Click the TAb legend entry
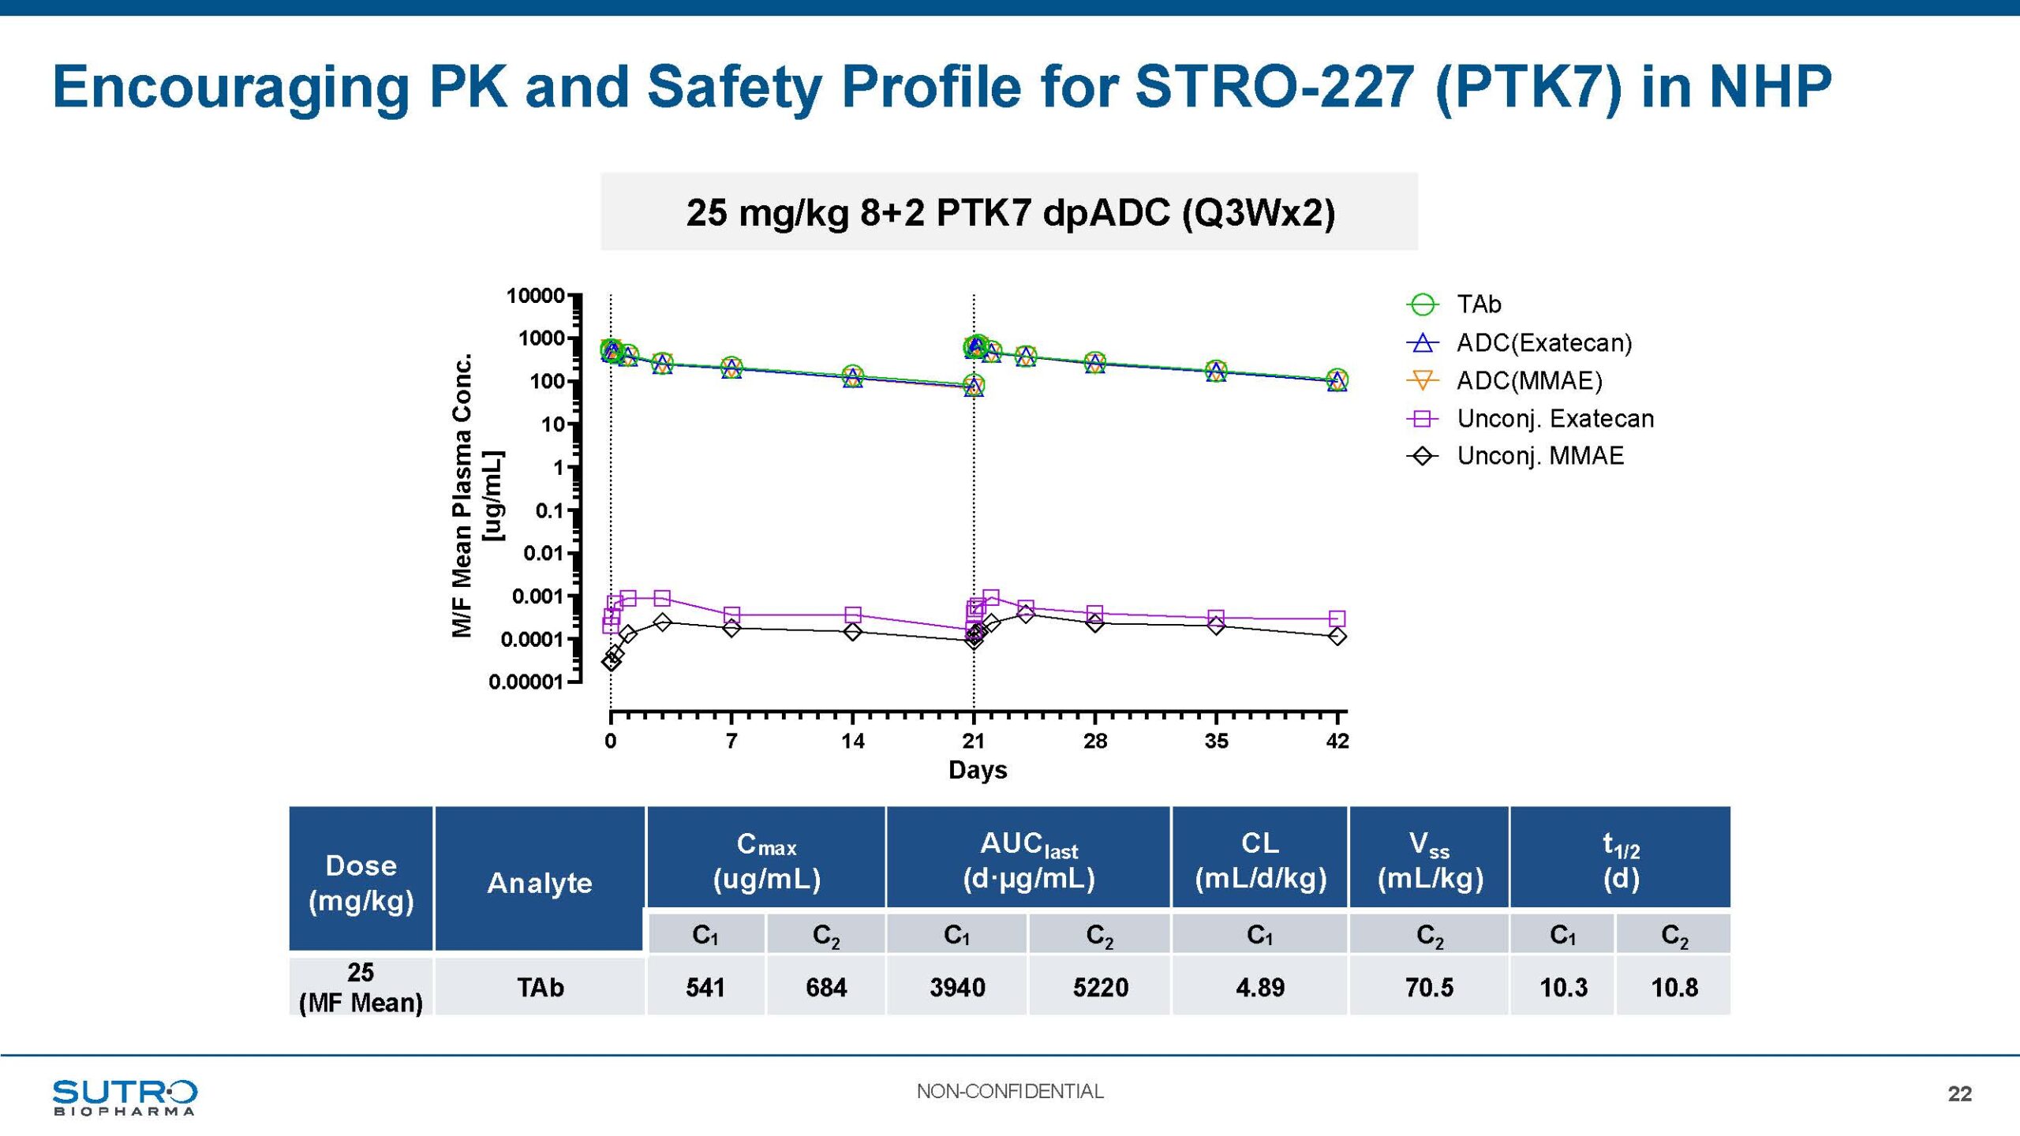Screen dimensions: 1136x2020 [x=1478, y=305]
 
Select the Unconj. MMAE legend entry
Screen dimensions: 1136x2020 [x=1539, y=456]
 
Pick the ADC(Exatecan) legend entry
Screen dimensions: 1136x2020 [x=1543, y=343]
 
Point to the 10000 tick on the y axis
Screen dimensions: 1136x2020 [x=535, y=296]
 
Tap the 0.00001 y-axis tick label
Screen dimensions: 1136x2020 [x=526, y=682]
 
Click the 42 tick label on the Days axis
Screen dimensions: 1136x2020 [x=1337, y=741]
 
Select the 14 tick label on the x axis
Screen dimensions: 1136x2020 [x=852, y=741]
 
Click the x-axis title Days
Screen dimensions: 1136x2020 [x=978, y=770]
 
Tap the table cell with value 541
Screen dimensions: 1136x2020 [x=705, y=987]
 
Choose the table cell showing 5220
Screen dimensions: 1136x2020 [x=1100, y=987]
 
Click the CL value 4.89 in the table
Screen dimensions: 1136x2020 [x=1260, y=987]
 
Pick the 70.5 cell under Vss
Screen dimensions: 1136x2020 [x=1429, y=987]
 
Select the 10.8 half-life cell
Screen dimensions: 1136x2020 [x=1674, y=987]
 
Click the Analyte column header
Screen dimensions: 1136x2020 [x=540, y=883]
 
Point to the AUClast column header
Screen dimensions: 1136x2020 [x=1029, y=860]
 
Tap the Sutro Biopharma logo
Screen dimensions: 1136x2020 [x=125, y=1097]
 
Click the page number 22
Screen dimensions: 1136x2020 [x=1959, y=1093]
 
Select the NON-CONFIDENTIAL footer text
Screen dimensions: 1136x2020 [x=1010, y=1091]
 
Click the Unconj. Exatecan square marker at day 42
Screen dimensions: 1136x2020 [x=1337, y=618]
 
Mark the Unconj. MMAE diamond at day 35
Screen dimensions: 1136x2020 [x=1217, y=626]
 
